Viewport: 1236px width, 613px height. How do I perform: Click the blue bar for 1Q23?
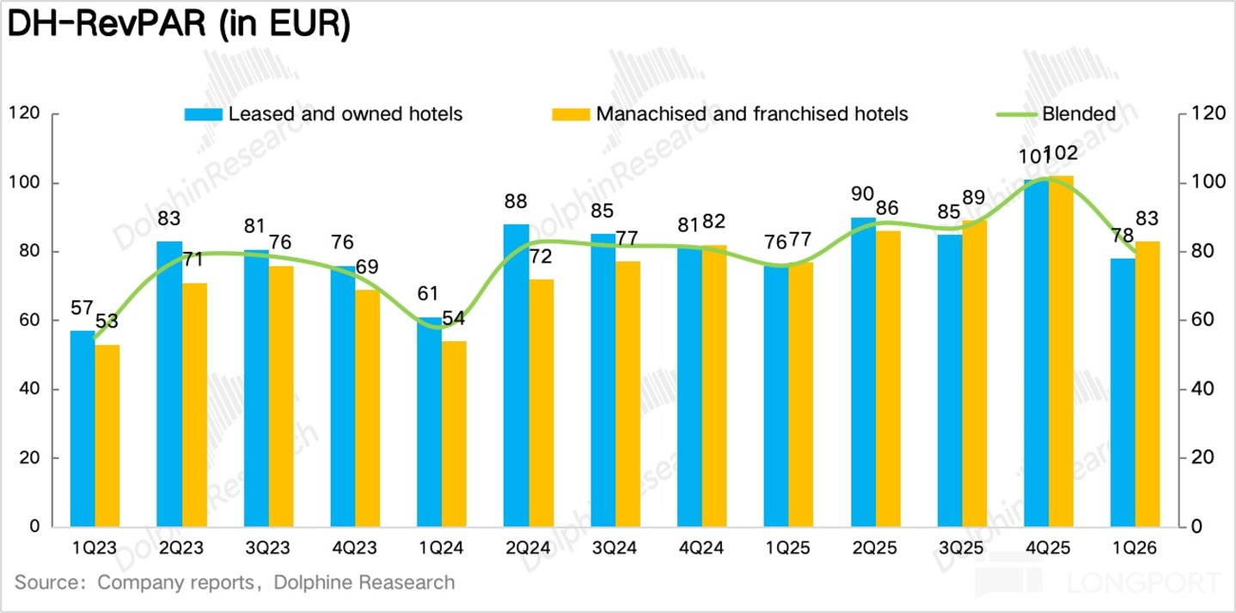[83, 429]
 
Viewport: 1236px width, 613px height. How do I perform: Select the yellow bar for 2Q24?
[542, 402]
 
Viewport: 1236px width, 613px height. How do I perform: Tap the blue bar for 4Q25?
[1037, 353]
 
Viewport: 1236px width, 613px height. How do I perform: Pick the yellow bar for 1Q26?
[1147, 384]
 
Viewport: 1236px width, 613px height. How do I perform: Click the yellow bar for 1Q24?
[454, 433]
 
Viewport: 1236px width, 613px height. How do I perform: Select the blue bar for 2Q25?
[864, 372]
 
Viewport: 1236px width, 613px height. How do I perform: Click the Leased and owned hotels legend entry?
[324, 114]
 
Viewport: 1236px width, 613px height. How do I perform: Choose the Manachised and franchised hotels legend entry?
[730, 114]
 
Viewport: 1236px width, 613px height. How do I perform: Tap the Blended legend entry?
[1056, 114]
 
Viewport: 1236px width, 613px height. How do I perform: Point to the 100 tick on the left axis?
[24, 182]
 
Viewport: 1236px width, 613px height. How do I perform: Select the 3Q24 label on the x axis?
[615, 548]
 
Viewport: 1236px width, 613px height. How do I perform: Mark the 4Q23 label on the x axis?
[354, 548]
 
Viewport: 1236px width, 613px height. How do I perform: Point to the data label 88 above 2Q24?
[516, 201]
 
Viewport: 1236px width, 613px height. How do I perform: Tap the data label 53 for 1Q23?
[107, 322]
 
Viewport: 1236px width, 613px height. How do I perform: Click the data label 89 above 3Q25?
[974, 198]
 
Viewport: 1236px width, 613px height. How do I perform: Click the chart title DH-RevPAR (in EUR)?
[179, 24]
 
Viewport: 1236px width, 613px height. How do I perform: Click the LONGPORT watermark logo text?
[1143, 583]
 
